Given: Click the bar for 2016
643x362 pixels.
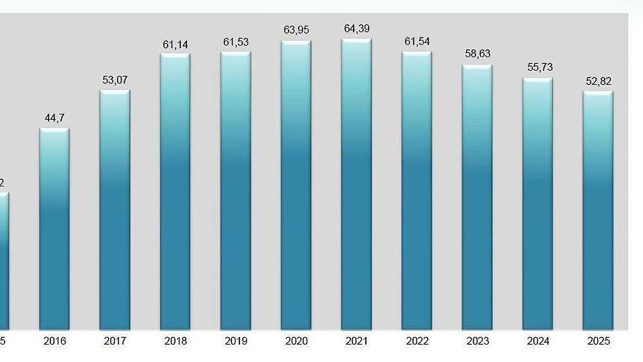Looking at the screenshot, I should coord(54,229).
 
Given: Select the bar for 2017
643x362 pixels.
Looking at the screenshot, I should coord(115,210).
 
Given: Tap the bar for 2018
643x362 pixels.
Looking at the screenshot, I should coord(175,192).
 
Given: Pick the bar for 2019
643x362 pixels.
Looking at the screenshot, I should coord(235,191).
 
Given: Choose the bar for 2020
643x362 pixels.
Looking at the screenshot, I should coord(296,186).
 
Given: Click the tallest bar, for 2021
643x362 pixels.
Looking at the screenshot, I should coord(356,184).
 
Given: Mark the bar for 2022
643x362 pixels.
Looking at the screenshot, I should coord(417,191).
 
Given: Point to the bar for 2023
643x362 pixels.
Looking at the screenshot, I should coord(478,198).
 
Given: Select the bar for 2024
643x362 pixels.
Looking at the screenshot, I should coord(538,205).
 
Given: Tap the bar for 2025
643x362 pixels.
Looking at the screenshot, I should coord(598,211).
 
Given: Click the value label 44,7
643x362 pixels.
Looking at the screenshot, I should coord(54,118).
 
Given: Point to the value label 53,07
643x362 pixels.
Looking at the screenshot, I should coord(115,80).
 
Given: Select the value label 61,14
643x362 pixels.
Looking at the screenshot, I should coord(175,44).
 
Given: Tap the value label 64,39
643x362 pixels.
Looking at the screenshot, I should coord(356,28).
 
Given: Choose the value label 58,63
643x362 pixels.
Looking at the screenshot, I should coord(478,54).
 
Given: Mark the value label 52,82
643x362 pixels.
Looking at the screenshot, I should coord(598,81).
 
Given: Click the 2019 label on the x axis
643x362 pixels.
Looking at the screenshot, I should coord(235,341).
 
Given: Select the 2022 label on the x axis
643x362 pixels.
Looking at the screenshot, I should coord(417,341).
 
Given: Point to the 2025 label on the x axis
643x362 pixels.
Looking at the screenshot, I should coord(598,341).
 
